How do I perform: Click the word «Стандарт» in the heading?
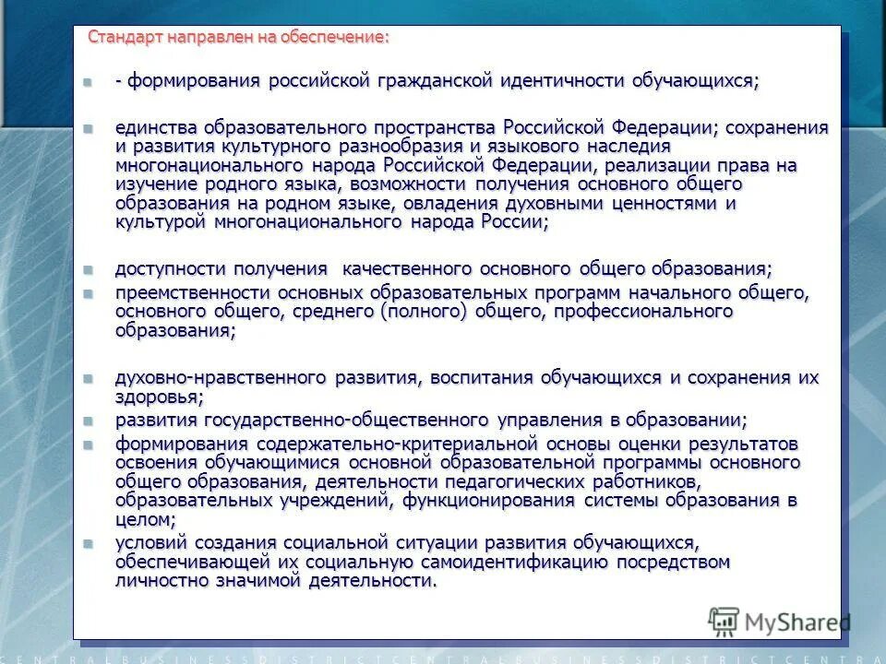(x=126, y=37)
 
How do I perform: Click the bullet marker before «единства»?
(x=88, y=127)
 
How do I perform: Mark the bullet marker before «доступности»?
(x=88, y=269)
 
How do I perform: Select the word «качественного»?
(x=410, y=269)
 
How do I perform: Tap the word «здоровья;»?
(x=159, y=397)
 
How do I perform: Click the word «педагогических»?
(x=518, y=481)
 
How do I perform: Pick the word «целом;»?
(x=146, y=519)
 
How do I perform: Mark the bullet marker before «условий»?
(x=88, y=542)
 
